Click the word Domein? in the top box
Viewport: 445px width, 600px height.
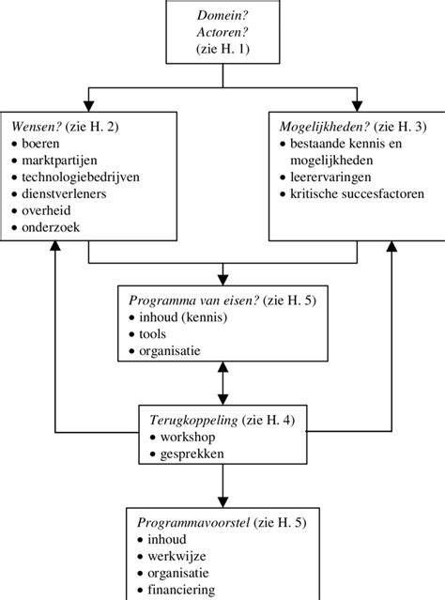(x=221, y=16)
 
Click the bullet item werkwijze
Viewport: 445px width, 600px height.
(x=177, y=556)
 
